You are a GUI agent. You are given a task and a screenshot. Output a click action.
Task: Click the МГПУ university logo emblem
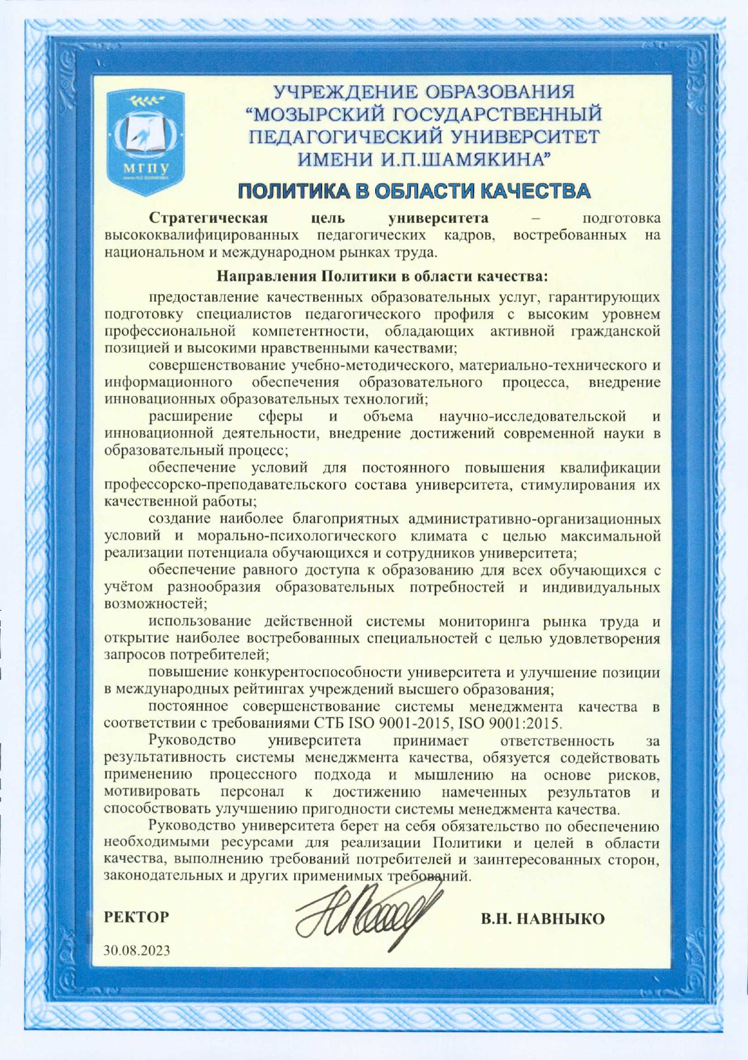tap(145, 143)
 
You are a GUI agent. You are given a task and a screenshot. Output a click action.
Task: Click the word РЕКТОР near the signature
tap(137, 918)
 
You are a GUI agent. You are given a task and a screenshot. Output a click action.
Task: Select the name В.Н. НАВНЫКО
tap(542, 919)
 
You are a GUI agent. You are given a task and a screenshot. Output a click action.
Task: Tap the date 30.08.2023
tap(137, 951)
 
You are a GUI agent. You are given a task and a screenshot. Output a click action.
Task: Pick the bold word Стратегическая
tap(208, 217)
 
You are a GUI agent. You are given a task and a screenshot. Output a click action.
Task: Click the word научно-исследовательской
tap(533, 417)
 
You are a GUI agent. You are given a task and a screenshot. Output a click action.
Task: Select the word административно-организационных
tap(534, 519)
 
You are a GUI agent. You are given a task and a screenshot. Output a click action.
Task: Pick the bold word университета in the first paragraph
tap(439, 217)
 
